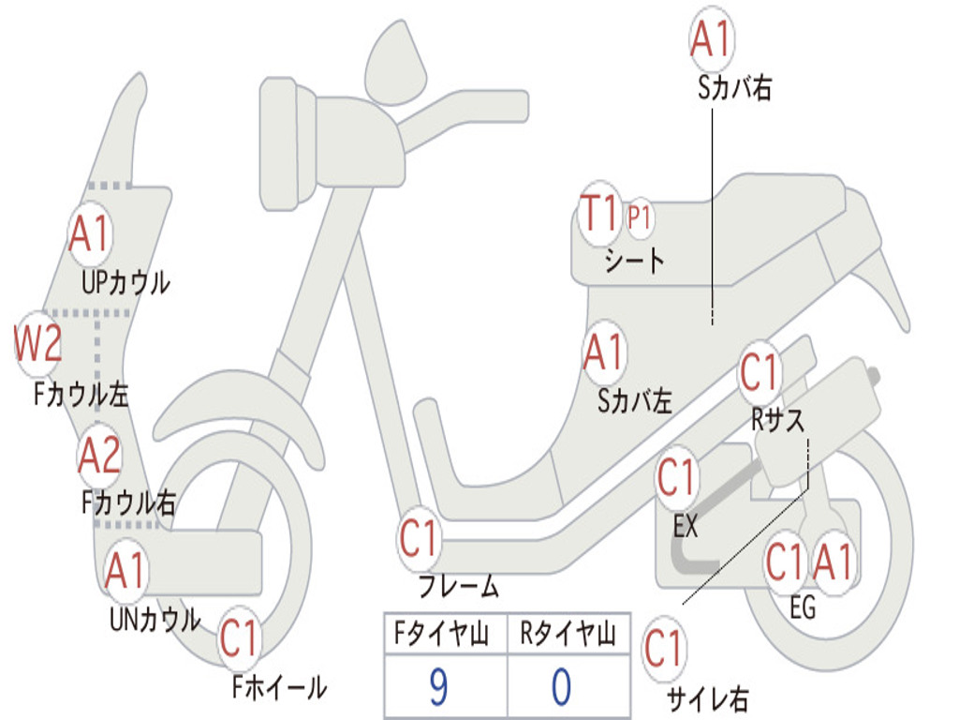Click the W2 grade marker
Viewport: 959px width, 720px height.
click(38, 343)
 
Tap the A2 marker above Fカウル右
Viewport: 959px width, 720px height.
click(99, 456)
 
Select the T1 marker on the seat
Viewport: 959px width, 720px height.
click(599, 216)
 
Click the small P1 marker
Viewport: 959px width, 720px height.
click(640, 218)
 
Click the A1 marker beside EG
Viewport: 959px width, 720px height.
click(833, 562)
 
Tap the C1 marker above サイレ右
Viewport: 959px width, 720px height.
click(664, 649)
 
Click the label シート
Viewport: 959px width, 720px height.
click(634, 260)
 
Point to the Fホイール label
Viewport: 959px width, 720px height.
click(279, 687)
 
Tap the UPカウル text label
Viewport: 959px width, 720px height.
click(125, 281)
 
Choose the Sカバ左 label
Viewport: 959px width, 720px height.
click(635, 401)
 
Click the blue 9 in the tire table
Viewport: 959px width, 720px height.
click(437, 687)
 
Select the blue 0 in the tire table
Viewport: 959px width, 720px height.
click(560, 687)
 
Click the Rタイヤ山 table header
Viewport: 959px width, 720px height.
click(568, 637)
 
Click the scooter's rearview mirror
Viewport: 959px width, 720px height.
click(395, 61)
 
